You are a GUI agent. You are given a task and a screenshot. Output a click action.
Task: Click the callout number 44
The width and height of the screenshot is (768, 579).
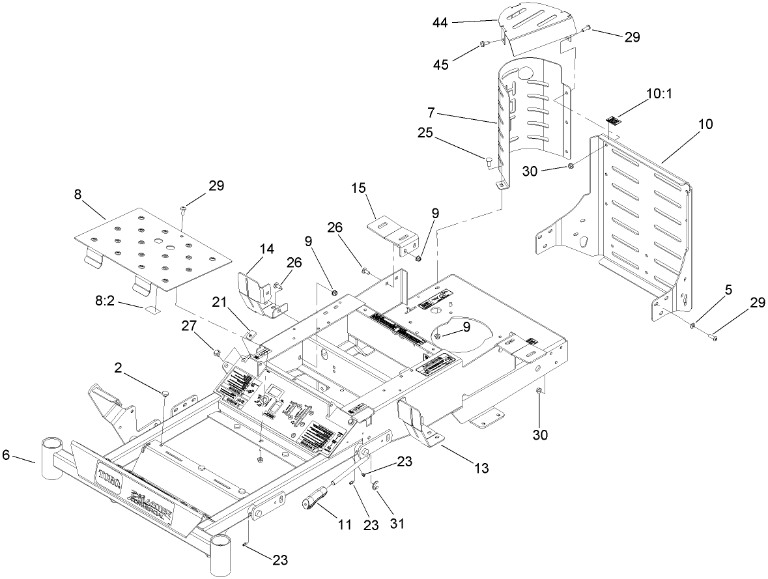coord(441,22)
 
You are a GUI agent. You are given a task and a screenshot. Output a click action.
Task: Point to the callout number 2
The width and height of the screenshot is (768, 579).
coord(119,368)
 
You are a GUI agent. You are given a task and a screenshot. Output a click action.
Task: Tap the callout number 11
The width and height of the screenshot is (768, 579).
coord(338,523)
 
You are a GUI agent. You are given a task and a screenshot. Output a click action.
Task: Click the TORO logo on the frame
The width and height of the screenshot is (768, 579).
coord(111,475)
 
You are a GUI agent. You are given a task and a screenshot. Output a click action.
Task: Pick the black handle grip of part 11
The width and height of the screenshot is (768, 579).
coord(315,501)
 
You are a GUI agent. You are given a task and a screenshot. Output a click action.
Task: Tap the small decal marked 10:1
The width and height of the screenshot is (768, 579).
coord(614,119)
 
